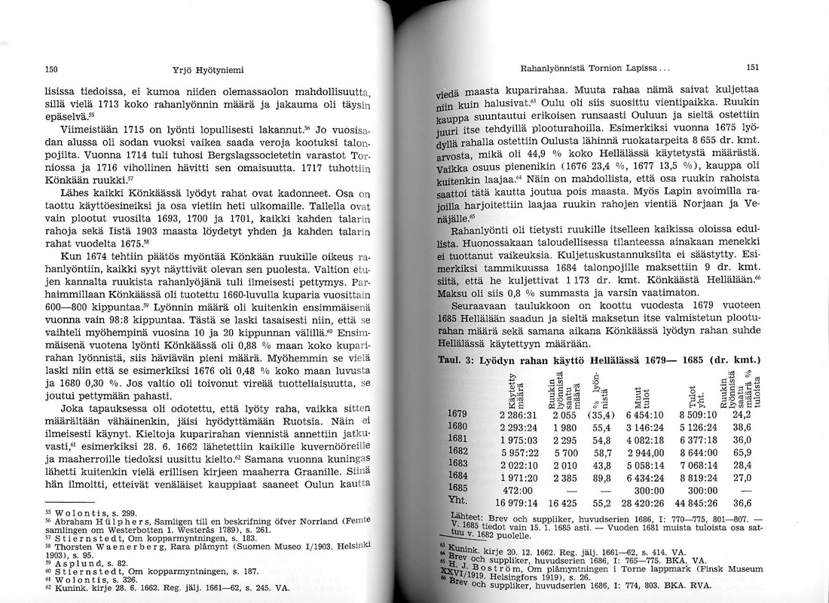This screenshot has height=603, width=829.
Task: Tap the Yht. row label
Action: (459, 503)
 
